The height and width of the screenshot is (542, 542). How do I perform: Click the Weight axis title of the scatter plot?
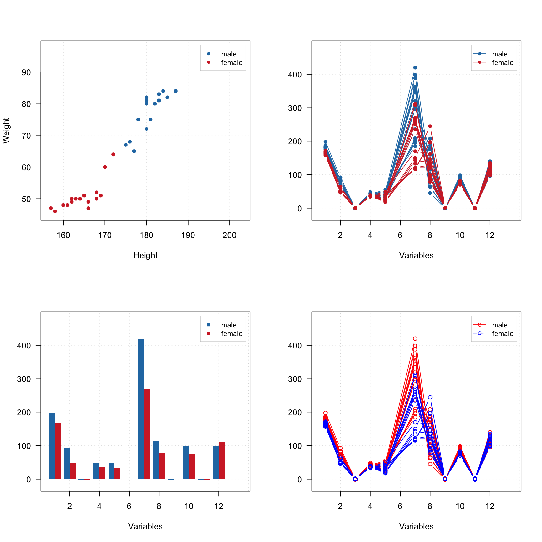coord(7,130)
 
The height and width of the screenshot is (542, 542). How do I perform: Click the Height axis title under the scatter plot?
coord(145,255)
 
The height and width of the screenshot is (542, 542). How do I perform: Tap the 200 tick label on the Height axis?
coord(229,235)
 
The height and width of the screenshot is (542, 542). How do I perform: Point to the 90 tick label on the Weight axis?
coord(26,72)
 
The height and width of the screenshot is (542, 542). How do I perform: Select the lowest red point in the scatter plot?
coord(55,211)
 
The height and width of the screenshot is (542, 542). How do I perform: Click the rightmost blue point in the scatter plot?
coord(175,91)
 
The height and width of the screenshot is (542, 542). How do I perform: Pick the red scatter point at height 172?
coord(113,154)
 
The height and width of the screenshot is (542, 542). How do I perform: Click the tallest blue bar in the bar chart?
coord(141,408)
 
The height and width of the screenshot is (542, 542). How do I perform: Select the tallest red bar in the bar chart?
coord(147,433)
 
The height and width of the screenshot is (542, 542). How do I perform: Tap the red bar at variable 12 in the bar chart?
coord(221,460)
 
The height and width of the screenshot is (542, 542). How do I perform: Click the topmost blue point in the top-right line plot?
coord(415,67)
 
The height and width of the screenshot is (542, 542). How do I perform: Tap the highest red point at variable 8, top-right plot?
coord(430,126)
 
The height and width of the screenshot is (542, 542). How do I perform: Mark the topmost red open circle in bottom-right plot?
coord(415,338)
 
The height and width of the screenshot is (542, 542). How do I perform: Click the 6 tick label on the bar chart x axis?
coord(129,506)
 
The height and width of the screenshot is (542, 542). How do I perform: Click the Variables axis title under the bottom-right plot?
coord(416,526)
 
